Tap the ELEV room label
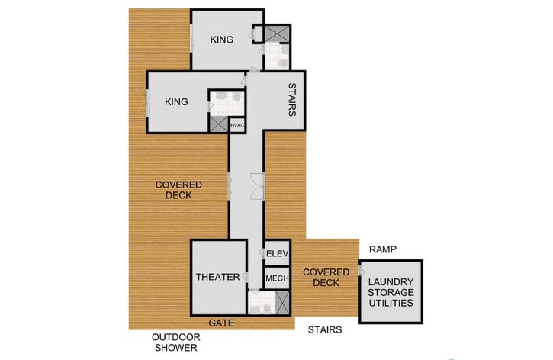275,253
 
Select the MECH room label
276,278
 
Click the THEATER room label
218,277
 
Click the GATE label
218,323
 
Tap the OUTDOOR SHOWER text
176,342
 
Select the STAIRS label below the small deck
325,330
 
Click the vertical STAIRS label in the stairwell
291,100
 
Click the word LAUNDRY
391,281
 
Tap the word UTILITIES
391,303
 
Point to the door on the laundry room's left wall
358,270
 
